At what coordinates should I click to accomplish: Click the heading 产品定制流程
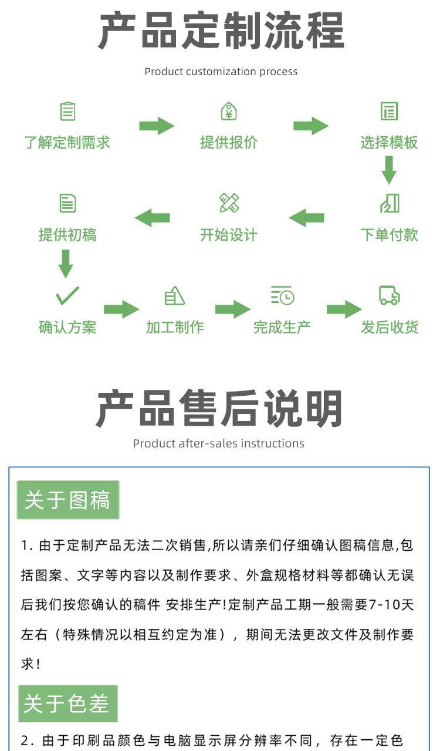pos(221,31)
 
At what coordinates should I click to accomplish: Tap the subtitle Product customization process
pos(221,72)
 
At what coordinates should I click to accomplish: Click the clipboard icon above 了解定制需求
pos(67,112)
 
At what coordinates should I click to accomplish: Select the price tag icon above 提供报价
pos(228,112)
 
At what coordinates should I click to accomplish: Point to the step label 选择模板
pos(389,142)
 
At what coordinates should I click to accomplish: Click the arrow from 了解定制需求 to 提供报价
pos(157,126)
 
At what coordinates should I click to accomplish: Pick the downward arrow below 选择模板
pos(389,169)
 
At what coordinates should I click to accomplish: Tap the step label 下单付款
pos(389,235)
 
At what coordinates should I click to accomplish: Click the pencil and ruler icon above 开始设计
pos(228,203)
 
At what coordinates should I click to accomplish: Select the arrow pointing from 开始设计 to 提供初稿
pos(153,217)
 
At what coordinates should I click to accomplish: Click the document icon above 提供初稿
pos(67,203)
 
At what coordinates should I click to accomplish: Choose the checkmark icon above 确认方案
pos(67,295)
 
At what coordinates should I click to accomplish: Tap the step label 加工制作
pos(175,327)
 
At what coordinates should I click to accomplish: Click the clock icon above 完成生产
pos(283,295)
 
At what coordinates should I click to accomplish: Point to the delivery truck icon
pos(389,295)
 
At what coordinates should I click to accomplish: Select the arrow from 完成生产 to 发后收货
pos(344,309)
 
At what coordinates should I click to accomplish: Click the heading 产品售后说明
pos(219,409)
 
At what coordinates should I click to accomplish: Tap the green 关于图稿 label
pos(67,500)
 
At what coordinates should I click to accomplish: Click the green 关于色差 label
pos(67,703)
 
